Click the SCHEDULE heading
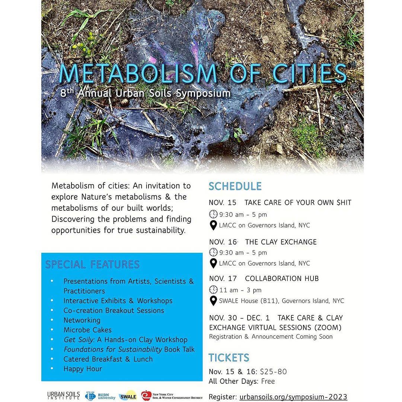(x=235, y=186)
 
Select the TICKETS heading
(x=229, y=358)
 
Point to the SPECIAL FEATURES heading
(x=92, y=265)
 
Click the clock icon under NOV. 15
(x=213, y=214)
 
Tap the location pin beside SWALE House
(x=213, y=301)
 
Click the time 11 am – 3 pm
(x=240, y=290)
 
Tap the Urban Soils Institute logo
(x=63, y=395)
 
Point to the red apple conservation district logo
(x=147, y=395)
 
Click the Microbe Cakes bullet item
(x=87, y=330)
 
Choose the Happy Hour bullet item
(x=83, y=369)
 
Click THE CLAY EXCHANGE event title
(x=281, y=242)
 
